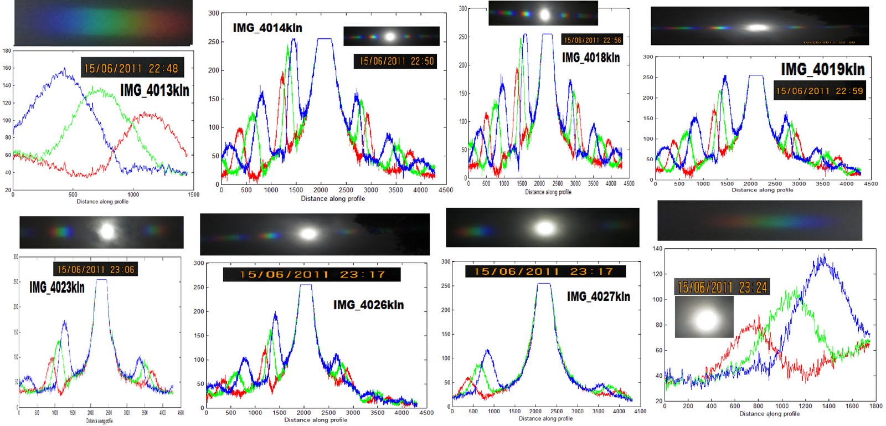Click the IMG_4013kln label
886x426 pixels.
pos(154,90)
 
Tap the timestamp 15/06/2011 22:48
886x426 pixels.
pos(131,69)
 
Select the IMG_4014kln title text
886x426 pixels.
pos(267,28)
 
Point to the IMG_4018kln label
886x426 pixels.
pos(591,58)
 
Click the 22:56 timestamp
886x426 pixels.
pos(592,40)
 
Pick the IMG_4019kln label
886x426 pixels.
pos(822,69)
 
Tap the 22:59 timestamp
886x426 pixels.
pos(819,91)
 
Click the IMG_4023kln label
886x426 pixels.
pos(57,287)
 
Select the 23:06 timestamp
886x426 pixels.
pos(95,269)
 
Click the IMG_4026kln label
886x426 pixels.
pos(368,305)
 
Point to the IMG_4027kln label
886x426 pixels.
pos(598,296)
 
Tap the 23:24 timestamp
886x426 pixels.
pos(722,287)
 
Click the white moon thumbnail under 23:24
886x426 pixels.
pos(704,317)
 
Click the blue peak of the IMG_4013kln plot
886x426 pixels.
pos(65,69)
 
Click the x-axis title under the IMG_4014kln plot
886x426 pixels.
pos(332,198)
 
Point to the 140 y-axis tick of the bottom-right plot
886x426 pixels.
pos(657,249)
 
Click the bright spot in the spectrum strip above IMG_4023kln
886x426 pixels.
pos(106,231)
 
